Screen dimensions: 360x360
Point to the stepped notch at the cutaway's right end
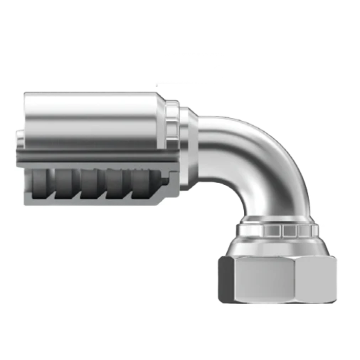tap(165, 183)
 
